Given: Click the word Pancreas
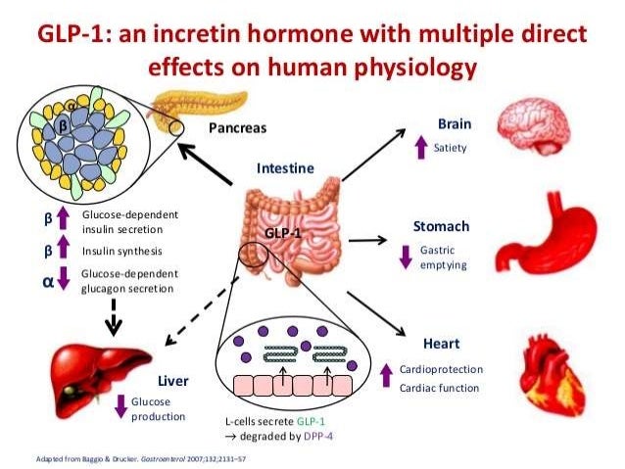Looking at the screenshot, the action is (238, 127).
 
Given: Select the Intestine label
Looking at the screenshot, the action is (285, 168).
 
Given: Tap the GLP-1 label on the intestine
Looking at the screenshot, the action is (283, 234).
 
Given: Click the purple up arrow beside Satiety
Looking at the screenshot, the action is (420, 149).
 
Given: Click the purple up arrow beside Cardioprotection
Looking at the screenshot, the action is (384, 374).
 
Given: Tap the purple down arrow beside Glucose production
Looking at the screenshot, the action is (121, 407).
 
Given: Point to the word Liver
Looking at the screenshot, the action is (172, 379).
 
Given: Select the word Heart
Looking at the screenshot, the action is (441, 344).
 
